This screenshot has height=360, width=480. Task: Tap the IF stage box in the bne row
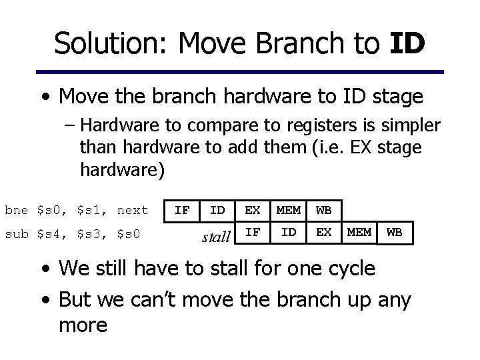tap(181, 211)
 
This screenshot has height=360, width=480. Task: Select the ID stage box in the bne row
tap(217, 211)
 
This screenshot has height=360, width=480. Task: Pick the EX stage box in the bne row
tap(253, 211)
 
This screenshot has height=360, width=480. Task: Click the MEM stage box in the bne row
tap(288, 211)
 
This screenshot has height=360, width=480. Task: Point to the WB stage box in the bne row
tap(323, 211)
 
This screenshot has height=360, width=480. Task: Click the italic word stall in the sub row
tap(216, 235)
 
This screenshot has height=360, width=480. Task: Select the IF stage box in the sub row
tap(253, 233)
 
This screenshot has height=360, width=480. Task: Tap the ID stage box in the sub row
tap(288, 233)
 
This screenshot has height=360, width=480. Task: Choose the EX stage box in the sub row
tap(323, 233)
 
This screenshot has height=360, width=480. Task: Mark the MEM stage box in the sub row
tap(359, 233)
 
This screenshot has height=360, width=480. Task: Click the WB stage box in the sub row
tap(395, 233)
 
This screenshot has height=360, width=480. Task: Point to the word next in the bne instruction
tap(132, 211)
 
